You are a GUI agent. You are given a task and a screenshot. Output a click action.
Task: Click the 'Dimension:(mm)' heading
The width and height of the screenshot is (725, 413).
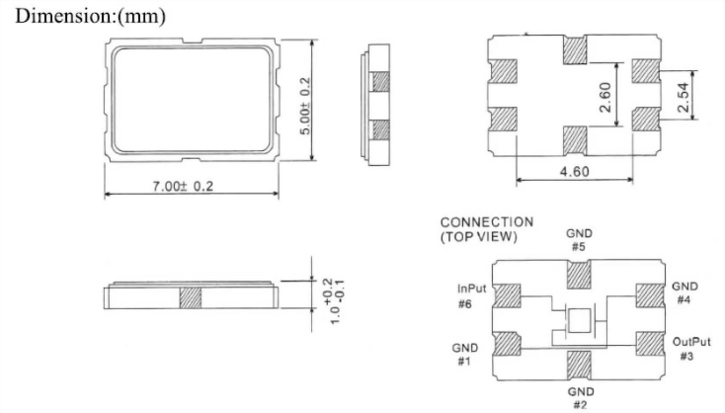click(91, 16)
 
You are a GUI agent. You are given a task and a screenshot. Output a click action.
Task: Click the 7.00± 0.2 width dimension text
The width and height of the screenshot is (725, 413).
click(183, 186)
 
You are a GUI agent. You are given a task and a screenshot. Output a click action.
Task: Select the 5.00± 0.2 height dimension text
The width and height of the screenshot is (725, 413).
click(305, 106)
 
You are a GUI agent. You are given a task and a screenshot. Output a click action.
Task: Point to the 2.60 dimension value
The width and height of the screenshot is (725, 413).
click(604, 97)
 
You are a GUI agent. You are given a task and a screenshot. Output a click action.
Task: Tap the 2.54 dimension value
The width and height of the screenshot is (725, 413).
click(683, 97)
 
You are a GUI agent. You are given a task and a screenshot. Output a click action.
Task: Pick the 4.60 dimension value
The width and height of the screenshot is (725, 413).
click(575, 172)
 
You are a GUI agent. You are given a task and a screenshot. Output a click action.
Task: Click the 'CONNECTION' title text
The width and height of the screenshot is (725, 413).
click(487, 222)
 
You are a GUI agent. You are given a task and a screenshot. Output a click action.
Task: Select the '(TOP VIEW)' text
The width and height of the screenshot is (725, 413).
click(478, 237)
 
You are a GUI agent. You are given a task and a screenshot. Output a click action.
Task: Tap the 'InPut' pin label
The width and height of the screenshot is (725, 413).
click(471, 289)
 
